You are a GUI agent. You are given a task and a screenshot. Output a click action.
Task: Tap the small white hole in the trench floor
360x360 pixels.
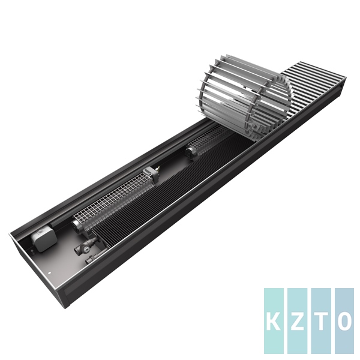49,273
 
